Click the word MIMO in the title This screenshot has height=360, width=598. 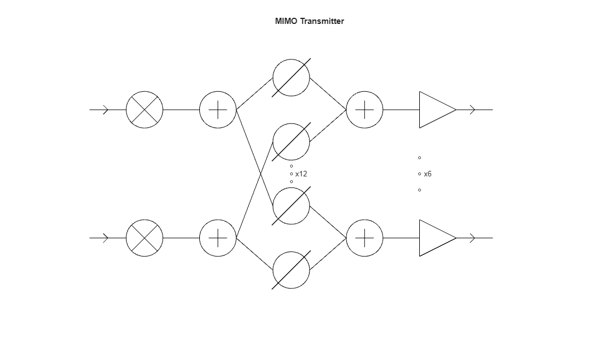286,21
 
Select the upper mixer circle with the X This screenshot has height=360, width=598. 145,110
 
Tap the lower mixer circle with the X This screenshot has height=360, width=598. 145,238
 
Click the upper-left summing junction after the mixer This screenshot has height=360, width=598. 218,110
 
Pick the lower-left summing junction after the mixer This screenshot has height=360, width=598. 218,238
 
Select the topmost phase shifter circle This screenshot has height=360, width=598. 291,77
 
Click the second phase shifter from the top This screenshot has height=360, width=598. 291,142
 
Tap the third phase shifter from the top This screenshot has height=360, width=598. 291,206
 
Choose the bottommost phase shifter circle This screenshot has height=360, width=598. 291,270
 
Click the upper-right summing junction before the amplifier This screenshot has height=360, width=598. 365,110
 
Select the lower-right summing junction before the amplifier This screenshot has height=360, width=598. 365,238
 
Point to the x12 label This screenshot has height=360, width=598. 301,174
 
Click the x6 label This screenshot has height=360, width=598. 428,174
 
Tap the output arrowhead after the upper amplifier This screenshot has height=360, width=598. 473,110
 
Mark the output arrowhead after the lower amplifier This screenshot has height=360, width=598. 473,238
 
